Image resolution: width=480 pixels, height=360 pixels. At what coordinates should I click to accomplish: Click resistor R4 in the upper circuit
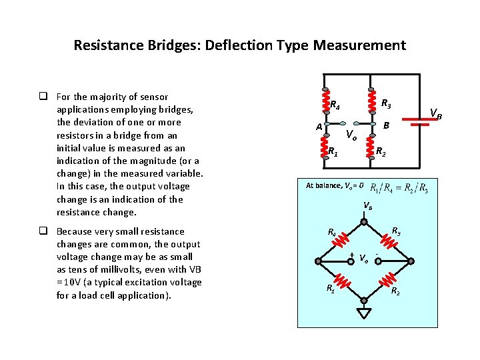pos(324,102)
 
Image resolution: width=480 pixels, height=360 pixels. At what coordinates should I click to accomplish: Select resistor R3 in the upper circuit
pos(371,102)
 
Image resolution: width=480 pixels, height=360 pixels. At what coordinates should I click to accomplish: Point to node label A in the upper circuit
pos(319,127)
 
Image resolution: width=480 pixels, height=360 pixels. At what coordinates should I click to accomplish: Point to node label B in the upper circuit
pos(385,125)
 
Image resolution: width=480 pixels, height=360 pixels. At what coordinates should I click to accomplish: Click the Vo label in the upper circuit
pos(351,135)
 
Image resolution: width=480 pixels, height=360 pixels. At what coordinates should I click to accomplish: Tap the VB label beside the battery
pos(435,114)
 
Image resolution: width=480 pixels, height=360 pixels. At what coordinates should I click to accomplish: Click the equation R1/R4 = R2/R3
pos(399,187)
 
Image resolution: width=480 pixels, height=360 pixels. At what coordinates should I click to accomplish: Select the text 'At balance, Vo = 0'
pos(334,185)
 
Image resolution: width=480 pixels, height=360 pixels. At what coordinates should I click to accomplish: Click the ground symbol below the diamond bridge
pos(364,314)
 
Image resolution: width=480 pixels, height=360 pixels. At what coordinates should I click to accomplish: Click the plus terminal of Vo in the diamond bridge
pos(352,255)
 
